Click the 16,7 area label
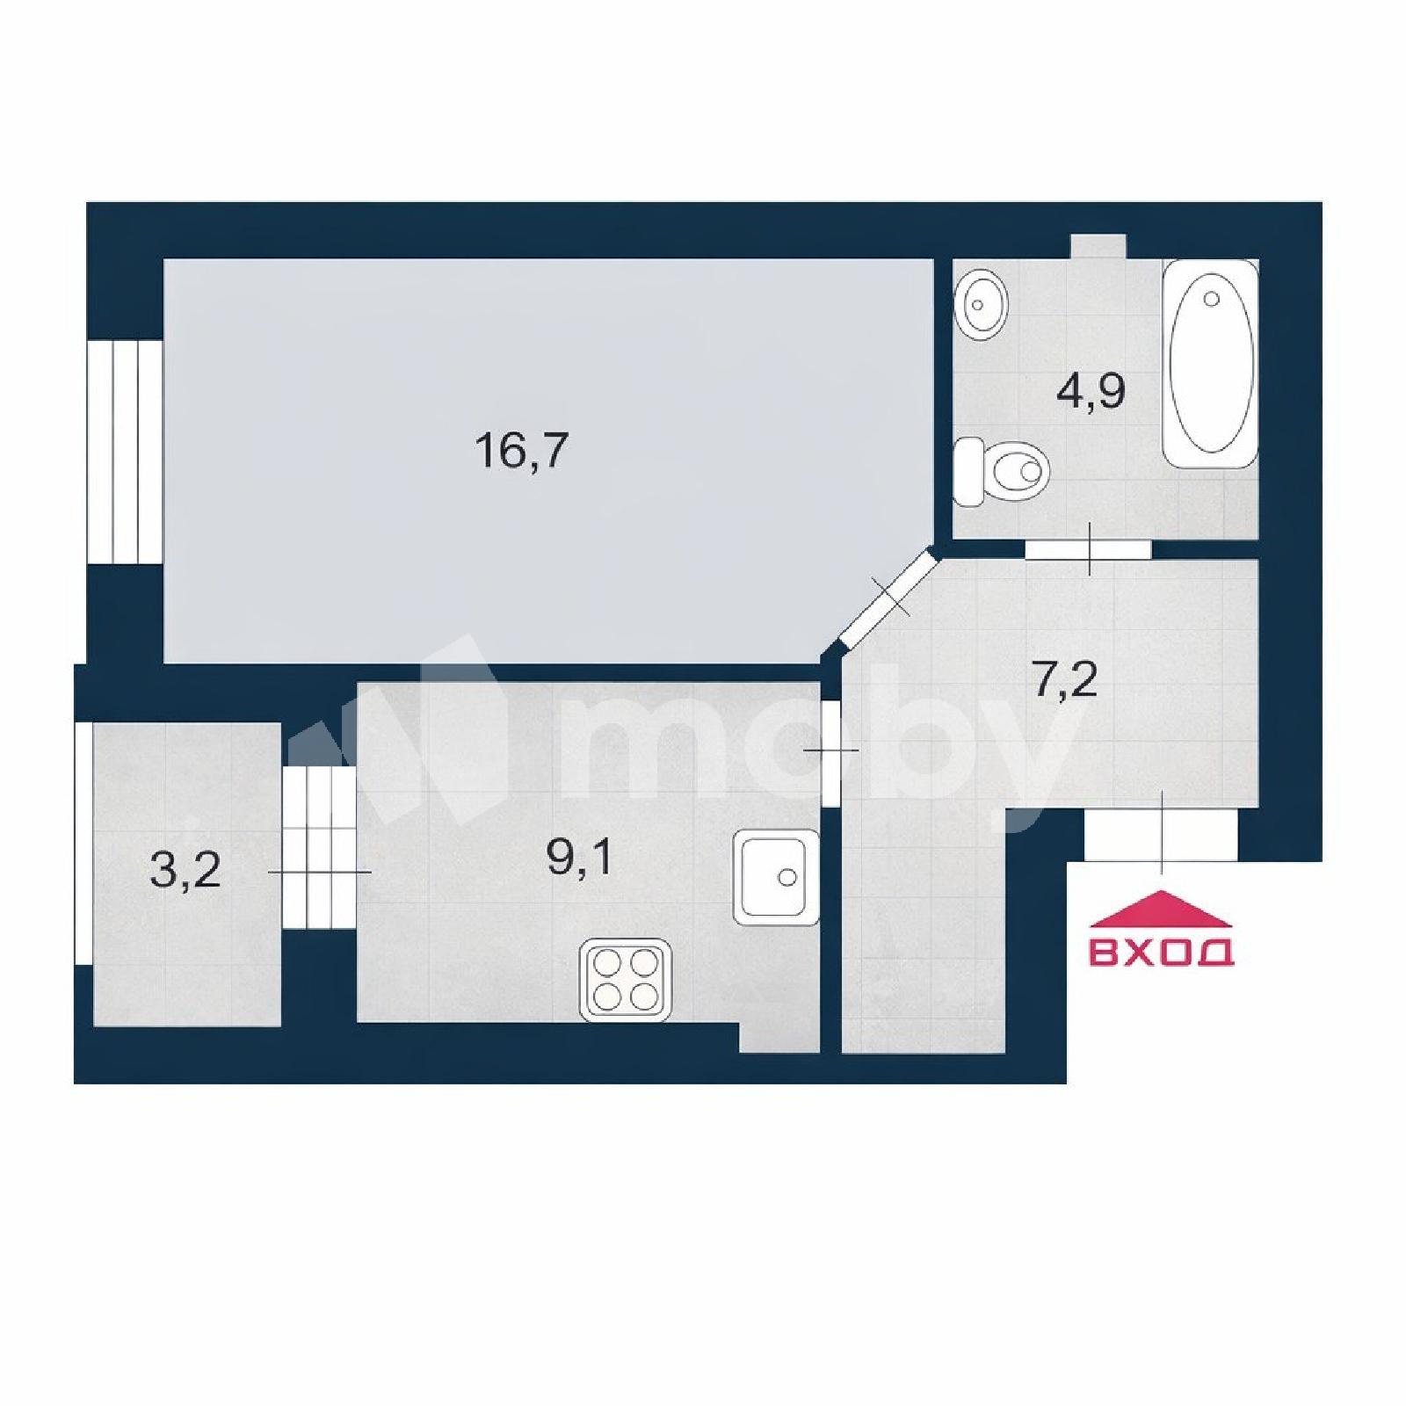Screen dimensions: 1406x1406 pos(522,451)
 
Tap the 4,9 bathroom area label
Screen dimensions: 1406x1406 pos(1091,391)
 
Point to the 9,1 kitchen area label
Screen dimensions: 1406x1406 pos(580,858)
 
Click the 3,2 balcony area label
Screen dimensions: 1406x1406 pos(185,871)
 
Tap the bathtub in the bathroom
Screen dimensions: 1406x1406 pos(1211,363)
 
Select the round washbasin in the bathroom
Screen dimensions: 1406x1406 pos(980,304)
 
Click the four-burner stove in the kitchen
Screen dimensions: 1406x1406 pos(626,981)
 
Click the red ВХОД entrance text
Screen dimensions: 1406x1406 pos(1162,952)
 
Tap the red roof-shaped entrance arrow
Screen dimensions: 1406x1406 pos(1162,909)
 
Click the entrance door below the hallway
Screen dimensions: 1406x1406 pos(1162,835)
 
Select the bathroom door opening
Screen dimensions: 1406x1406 pos(1088,549)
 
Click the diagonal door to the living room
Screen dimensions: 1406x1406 pos(889,597)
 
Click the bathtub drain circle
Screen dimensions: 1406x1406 pos(1212,300)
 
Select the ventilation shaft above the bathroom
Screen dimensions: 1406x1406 pos(1098,247)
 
